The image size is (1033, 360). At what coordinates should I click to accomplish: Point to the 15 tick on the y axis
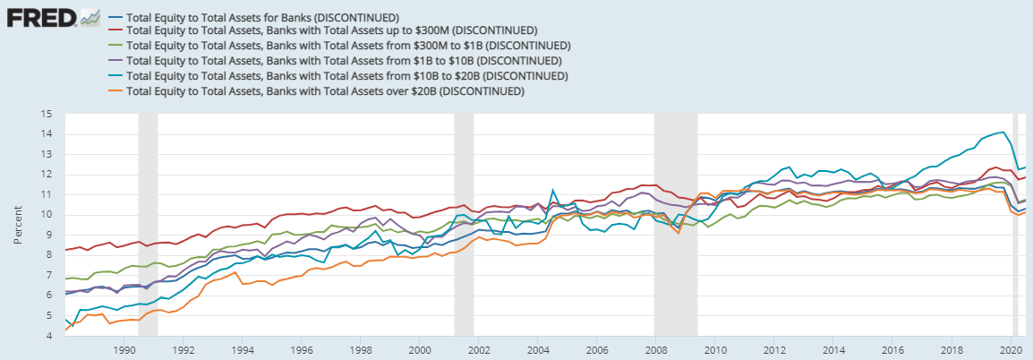point(47,114)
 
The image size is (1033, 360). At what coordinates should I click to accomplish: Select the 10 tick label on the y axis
point(47,215)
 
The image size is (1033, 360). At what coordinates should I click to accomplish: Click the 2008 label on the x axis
point(656,350)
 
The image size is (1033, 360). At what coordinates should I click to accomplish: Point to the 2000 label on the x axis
point(420,350)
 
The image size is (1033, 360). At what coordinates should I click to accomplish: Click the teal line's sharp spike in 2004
point(553,191)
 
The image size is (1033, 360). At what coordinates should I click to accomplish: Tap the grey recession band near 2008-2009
point(675,224)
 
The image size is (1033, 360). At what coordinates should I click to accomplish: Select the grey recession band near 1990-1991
point(148,224)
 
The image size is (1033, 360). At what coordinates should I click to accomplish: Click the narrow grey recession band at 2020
point(1016,224)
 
